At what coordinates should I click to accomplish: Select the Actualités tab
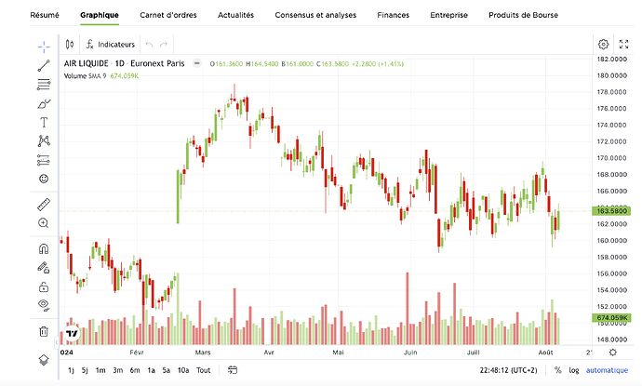tap(236, 16)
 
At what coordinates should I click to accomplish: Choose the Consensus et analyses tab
tap(315, 16)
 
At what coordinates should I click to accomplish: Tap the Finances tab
tap(393, 16)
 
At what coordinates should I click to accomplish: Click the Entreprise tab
tap(449, 16)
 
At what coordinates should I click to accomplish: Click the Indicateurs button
tap(110, 45)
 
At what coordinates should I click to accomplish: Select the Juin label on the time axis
tap(410, 353)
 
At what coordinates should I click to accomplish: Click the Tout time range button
tap(203, 370)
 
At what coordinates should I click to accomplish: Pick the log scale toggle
tap(573, 370)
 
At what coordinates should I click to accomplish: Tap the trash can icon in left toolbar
tap(44, 331)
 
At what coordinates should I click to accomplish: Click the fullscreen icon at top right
tap(623, 45)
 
